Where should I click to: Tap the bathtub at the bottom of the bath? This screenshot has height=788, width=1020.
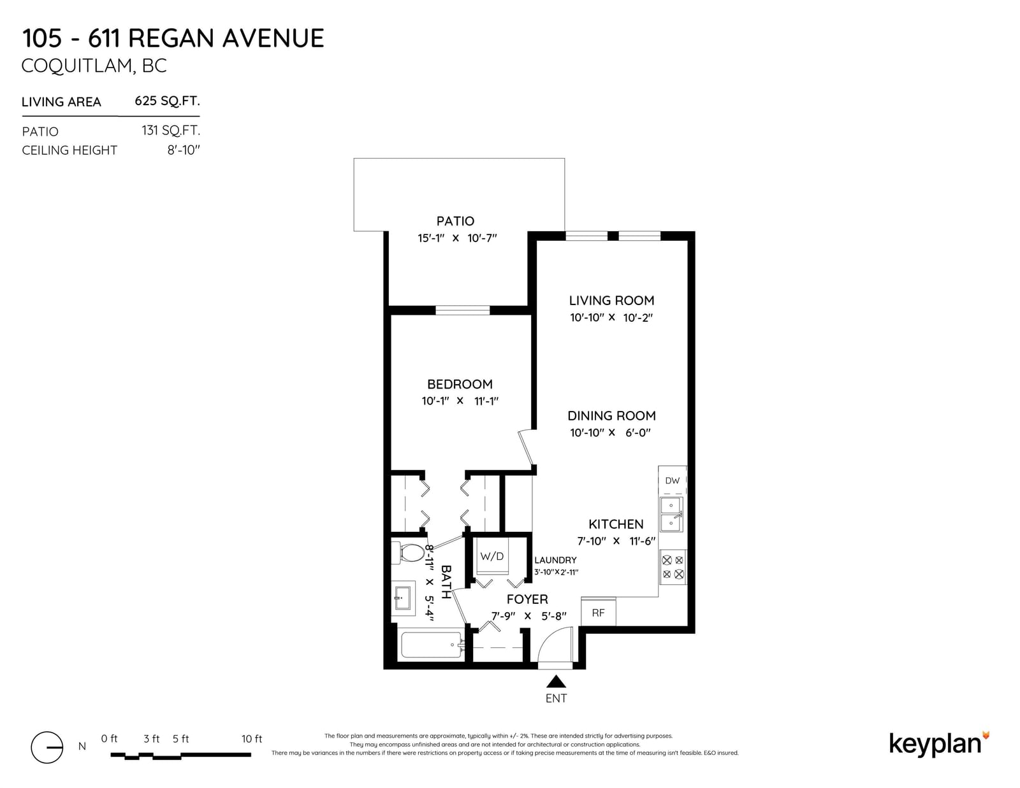[x=432, y=645]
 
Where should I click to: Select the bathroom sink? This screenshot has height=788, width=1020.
[x=403, y=598]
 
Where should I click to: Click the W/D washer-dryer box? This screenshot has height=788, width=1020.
[x=492, y=556]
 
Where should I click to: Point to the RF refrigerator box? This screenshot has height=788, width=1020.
[x=599, y=612]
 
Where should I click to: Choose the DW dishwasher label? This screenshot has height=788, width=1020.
[x=672, y=480]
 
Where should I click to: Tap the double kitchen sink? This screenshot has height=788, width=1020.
[x=672, y=514]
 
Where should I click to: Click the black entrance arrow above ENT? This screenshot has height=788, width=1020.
[x=557, y=682]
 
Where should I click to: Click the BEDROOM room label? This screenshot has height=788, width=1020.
[x=460, y=384]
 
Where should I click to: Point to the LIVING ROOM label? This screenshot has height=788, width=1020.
[x=611, y=300]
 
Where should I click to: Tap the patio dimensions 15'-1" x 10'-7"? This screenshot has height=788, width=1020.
[x=457, y=238]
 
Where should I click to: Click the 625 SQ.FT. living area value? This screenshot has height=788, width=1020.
[x=167, y=101]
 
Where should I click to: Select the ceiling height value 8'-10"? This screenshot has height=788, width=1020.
[x=184, y=150]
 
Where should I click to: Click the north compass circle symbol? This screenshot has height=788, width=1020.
[x=47, y=747]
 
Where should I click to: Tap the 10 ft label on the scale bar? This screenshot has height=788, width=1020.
[x=252, y=739]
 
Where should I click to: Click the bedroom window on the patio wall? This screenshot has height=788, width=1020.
[x=462, y=310]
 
